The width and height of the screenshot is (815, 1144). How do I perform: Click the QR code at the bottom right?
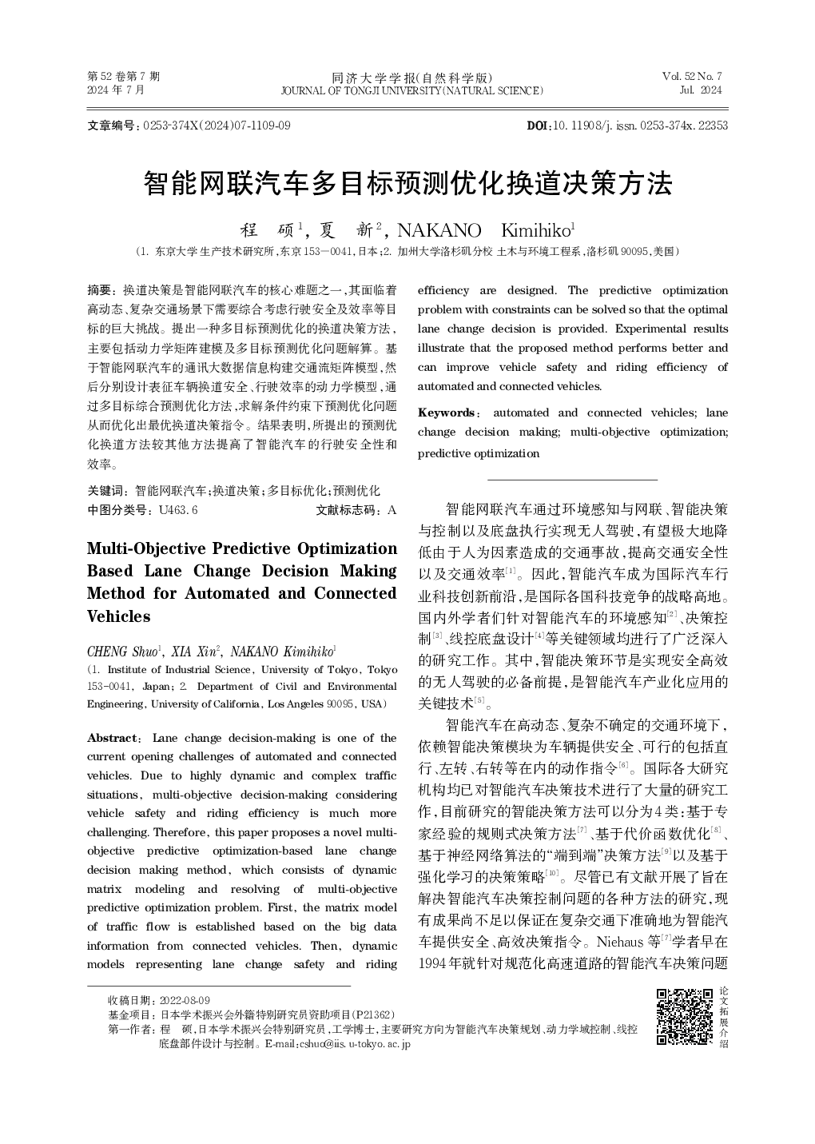684,1016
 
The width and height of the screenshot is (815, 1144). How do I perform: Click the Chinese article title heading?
407,184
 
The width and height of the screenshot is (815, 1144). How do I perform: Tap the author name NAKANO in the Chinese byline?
439,230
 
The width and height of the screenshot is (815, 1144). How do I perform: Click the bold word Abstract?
112,738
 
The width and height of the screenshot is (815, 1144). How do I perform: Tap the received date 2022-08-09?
185,1000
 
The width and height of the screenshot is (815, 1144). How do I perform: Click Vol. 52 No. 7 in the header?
691,76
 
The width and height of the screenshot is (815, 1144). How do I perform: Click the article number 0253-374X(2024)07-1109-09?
217,126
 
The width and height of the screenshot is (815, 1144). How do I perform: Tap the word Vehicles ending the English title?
118,616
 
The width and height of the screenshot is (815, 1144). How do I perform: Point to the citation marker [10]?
552,871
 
